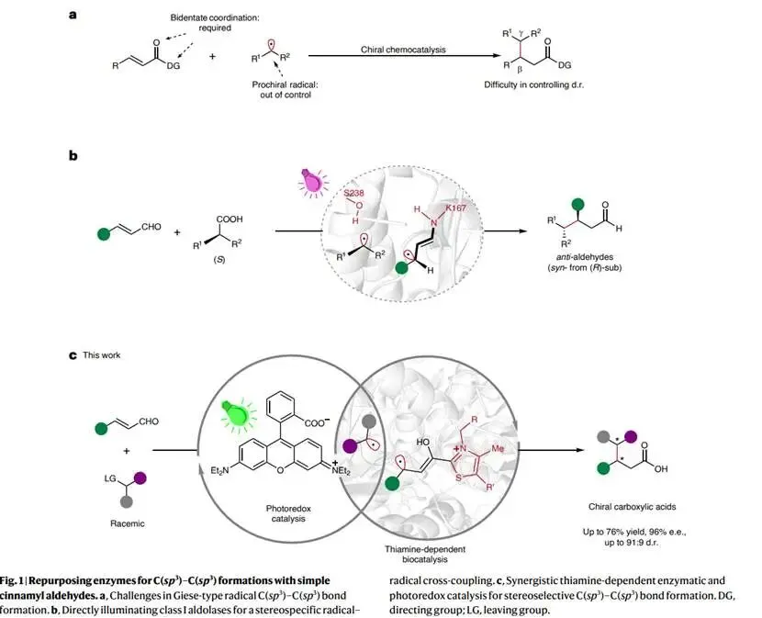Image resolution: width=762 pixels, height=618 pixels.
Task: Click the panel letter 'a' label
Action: coord(73,15)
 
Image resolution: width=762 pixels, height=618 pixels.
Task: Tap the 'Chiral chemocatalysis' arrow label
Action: coord(403,50)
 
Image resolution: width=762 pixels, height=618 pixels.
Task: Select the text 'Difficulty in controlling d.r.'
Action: coord(533,84)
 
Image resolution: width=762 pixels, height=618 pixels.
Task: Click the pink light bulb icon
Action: coord(312,183)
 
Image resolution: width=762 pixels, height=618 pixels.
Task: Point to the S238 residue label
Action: coord(353,193)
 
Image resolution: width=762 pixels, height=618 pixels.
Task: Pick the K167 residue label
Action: coord(456,208)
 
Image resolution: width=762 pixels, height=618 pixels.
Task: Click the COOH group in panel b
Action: coord(230,219)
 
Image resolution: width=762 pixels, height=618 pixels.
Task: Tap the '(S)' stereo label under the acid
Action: coord(219,260)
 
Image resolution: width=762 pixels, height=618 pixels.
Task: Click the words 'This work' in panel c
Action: coord(102,355)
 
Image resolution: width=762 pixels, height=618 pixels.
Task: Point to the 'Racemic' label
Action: coord(128,523)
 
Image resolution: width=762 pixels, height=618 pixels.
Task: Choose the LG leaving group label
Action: coord(110,478)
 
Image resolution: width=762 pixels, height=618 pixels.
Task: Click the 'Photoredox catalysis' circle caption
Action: coord(288,513)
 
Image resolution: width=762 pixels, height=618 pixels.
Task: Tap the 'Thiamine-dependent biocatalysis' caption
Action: coord(425,554)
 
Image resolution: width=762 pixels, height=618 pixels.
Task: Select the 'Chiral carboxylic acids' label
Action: coord(632,507)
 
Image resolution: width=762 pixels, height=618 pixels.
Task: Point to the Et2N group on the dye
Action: coord(219,471)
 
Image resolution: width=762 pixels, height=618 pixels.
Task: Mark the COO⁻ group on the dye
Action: coord(317,422)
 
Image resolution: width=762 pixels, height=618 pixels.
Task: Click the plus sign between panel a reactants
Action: coord(212,56)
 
